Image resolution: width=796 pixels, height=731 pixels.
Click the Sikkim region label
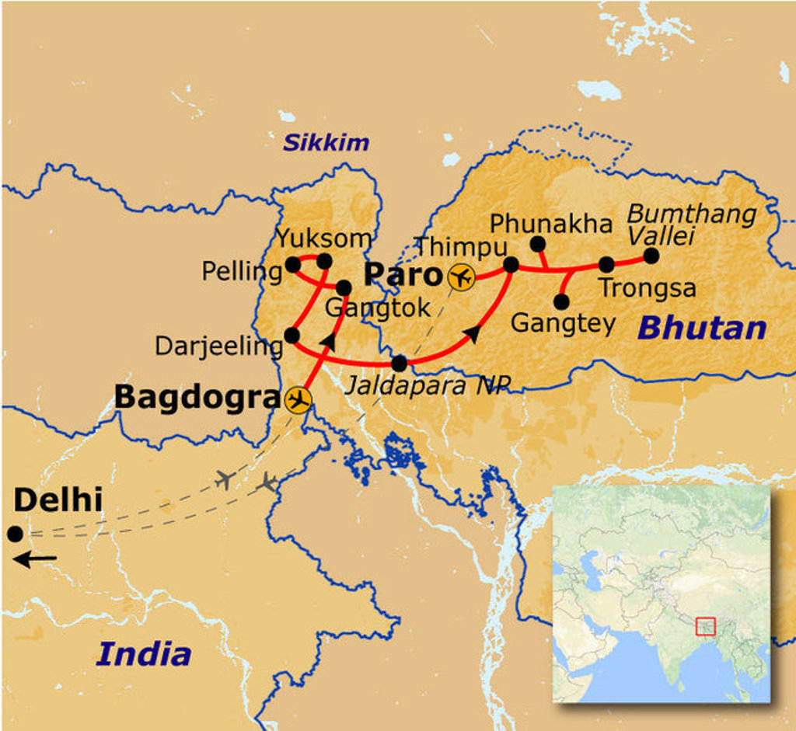click(x=326, y=143)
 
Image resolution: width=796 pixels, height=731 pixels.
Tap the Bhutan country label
click(x=702, y=328)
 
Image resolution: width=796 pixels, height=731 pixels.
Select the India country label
click(x=144, y=653)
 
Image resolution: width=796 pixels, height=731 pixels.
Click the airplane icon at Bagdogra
click(x=298, y=400)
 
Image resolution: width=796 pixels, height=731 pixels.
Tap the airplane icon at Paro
click(x=463, y=277)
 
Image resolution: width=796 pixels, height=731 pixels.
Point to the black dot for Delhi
click(x=14, y=534)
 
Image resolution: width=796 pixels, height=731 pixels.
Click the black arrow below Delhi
click(x=35, y=559)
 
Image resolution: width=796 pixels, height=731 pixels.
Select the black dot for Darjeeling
click(x=292, y=335)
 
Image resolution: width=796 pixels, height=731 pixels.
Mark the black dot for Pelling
click(x=293, y=265)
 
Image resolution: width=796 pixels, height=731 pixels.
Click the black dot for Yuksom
click(x=325, y=261)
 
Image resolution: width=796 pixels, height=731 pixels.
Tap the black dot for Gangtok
click(x=344, y=287)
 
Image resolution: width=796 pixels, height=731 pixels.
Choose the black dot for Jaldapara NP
click(x=399, y=363)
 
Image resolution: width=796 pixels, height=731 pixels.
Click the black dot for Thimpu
click(x=511, y=265)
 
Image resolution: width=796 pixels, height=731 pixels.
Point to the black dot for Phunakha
click(x=537, y=244)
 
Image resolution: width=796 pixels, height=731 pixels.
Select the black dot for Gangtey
click(x=562, y=301)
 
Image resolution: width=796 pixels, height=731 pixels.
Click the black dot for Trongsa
click(x=606, y=265)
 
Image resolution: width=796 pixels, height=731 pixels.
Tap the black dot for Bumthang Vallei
click(x=651, y=255)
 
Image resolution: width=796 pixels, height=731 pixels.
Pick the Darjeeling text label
click(x=218, y=346)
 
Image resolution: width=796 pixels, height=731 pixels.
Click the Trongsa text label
click(x=647, y=288)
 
